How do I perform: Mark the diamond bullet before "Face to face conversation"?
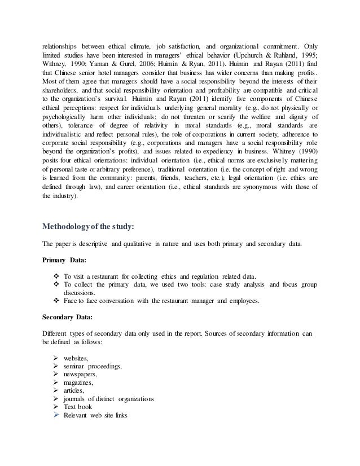pyautogui.click(x=55, y=301)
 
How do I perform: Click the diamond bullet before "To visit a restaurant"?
pyautogui.click(x=55, y=277)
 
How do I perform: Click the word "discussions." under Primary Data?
pyautogui.click(x=81, y=293)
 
